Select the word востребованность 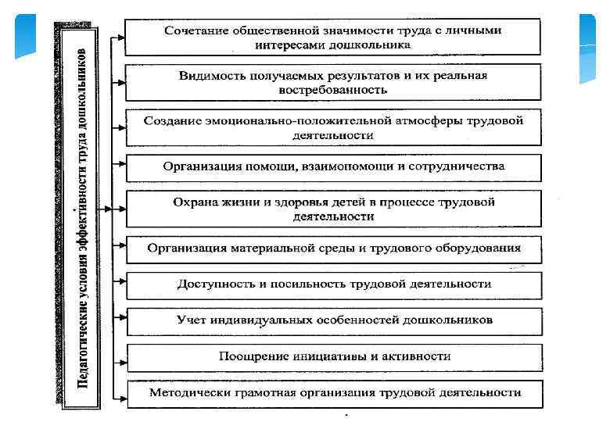(332, 90)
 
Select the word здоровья (300, 202)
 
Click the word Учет (190, 320)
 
